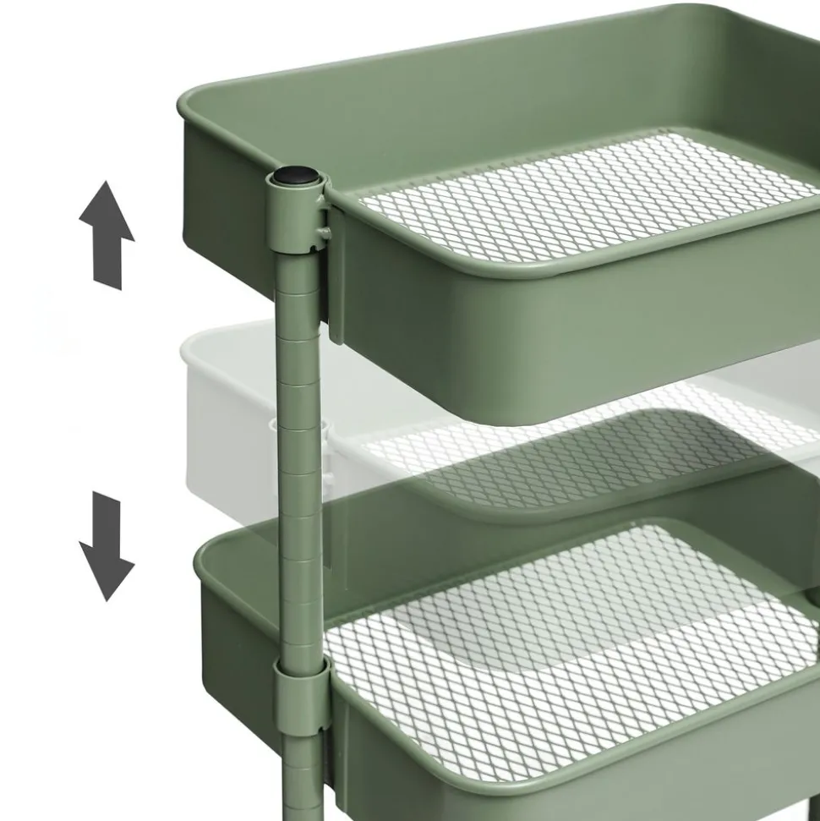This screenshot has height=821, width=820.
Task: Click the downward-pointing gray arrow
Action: [107, 545]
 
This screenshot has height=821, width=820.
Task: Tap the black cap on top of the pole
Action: [294, 177]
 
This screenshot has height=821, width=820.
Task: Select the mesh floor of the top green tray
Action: [583, 199]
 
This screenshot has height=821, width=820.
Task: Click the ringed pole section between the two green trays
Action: [300, 473]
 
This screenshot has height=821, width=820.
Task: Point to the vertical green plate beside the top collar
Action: [336, 279]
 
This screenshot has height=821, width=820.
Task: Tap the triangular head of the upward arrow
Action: [107, 211]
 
